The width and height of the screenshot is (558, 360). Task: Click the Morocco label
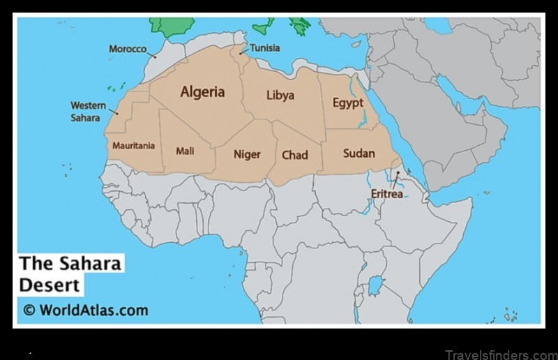[128, 49]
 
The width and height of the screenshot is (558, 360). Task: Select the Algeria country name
[202, 92]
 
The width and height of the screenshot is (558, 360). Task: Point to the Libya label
[280, 96]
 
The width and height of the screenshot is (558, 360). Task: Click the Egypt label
[347, 103]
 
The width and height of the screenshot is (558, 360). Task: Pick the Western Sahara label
[88, 111]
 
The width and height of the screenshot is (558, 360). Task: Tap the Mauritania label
[133, 147]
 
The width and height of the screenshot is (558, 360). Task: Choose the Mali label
[185, 151]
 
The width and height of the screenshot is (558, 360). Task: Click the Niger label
[246, 154]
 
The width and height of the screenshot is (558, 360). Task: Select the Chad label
[294, 155]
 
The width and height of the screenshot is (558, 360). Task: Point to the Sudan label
[359, 153]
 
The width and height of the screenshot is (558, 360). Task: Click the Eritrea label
[386, 194]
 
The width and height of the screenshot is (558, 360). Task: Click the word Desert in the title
[49, 285]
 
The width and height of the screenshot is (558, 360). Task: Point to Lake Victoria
[376, 284]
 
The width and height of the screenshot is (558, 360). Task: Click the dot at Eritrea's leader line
[398, 173]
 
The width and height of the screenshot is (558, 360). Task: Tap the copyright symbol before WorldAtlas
[29, 310]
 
